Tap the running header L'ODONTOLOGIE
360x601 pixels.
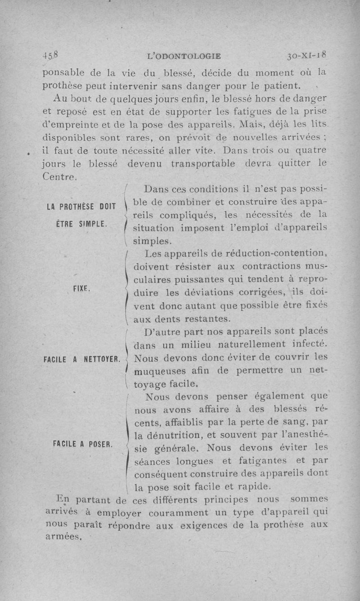tap(184, 56)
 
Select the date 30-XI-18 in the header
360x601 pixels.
tap(308, 56)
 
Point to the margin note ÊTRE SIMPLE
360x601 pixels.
tap(81, 224)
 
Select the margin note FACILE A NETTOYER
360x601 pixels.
tap(81, 359)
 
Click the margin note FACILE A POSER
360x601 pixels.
tap(81, 443)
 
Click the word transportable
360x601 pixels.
tap(203, 164)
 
